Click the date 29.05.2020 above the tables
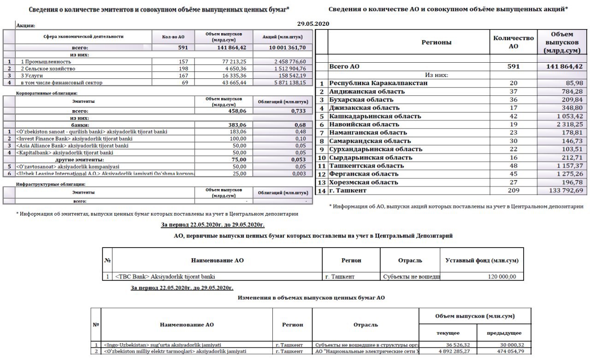pyautogui.click(x=313, y=24)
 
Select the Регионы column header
pyautogui.click(x=436, y=42)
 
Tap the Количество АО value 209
pyautogui.click(x=513, y=191)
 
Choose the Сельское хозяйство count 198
pyautogui.click(x=183, y=69)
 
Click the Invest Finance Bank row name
pyautogui.click(x=74, y=139)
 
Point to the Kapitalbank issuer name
pyautogui.click(x=65, y=153)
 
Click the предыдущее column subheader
pyautogui.click(x=504, y=333)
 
